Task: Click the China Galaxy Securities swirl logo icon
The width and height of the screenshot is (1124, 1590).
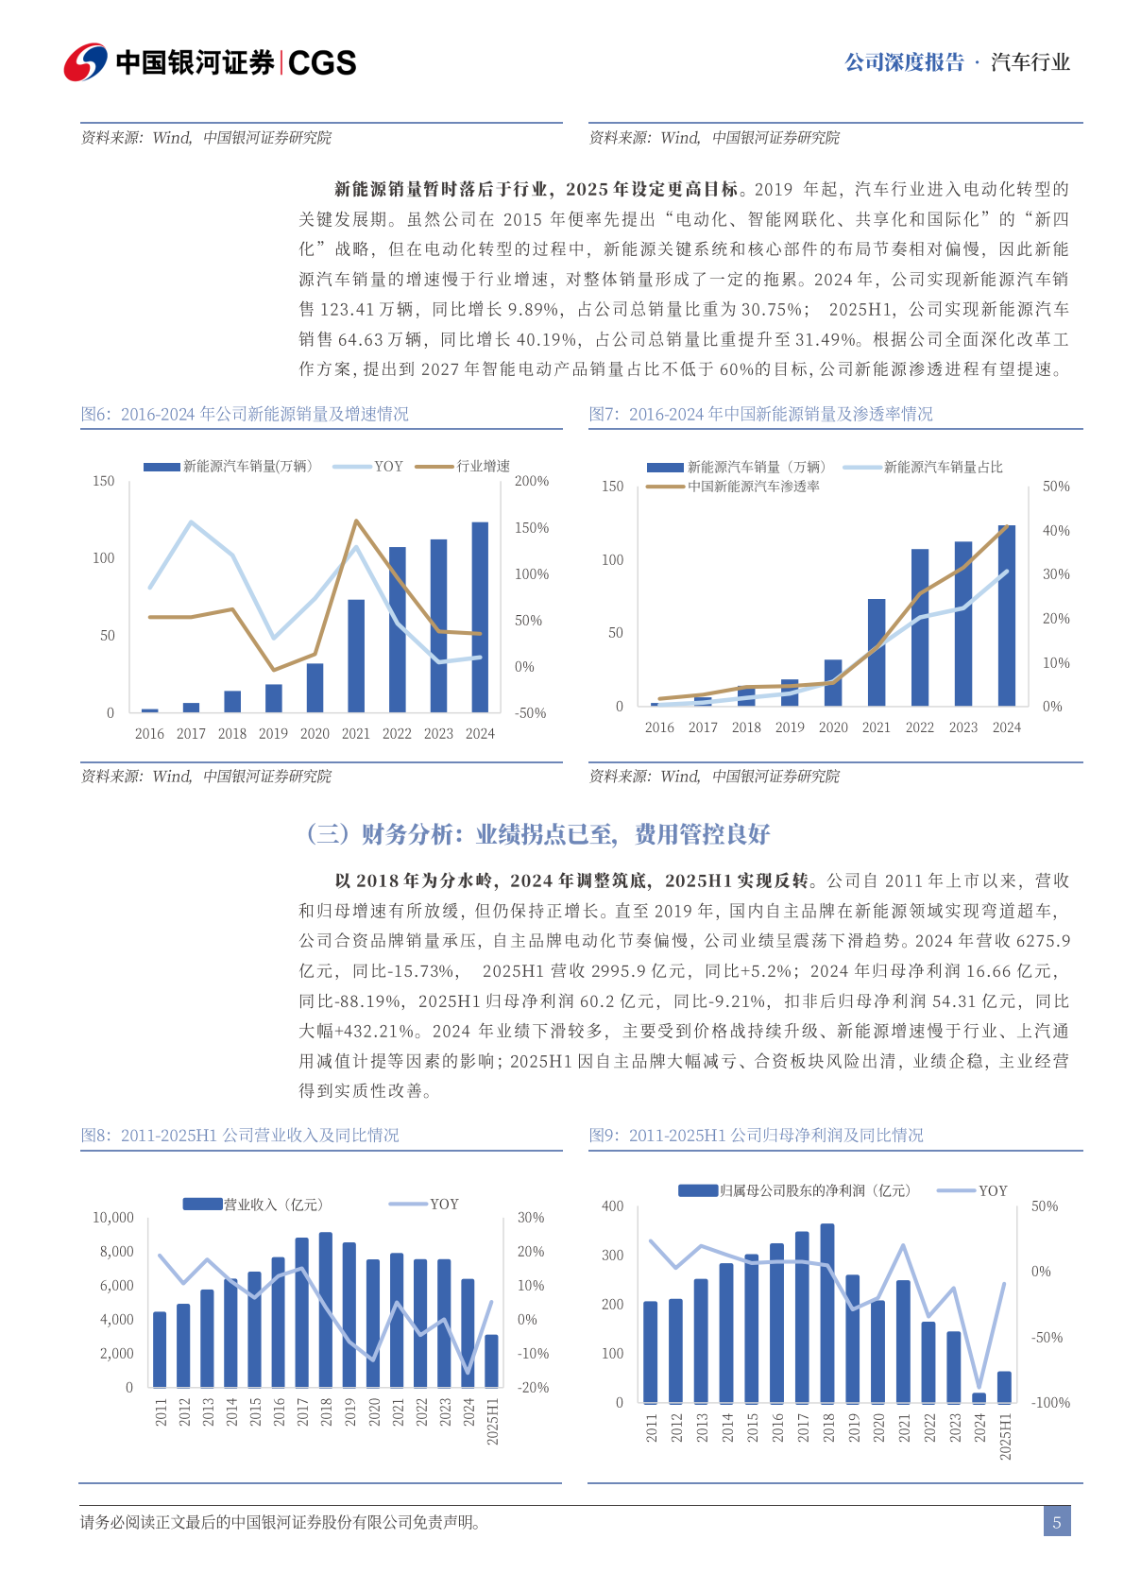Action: (x=85, y=62)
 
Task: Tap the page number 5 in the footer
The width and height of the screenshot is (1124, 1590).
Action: (x=1057, y=1522)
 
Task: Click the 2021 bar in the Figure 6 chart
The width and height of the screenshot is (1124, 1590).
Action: (x=356, y=656)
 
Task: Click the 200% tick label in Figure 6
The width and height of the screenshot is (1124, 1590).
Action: (x=531, y=482)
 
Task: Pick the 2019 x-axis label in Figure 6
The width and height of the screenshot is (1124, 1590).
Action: (x=273, y=734)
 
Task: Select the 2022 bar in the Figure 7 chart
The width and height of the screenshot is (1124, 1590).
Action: (x=920, y=627)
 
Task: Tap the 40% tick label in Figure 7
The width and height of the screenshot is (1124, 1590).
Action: (x=1056, y=531)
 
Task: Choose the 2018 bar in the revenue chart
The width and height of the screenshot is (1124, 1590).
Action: (x=326, y=1309)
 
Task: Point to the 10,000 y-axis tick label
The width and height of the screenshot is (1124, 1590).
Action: (x=113, y=1218)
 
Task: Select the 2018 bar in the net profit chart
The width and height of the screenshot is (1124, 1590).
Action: (x=827, y=1313)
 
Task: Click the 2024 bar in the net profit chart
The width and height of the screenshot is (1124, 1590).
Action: (x=979, y=1397)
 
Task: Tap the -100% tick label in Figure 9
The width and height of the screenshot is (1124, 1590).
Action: (x=1050, y=1403)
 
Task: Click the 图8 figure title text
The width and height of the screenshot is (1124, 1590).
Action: (x=240, y=1135)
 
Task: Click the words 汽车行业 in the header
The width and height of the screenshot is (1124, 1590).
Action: (x=1030, y=62)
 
